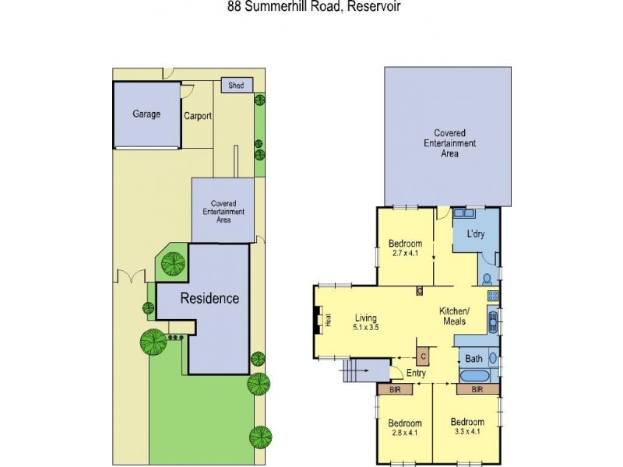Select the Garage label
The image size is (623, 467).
coord(146,114)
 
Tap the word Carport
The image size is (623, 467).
coord(198,117)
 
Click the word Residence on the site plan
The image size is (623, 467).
coord(209,298)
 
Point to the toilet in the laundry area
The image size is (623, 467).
coord(487,278)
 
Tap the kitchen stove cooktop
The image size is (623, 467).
coord(492,296)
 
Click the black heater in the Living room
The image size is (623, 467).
coord(318,319)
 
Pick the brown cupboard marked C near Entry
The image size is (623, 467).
coord(423,355)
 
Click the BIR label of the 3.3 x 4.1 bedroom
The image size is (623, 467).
coord(477,388)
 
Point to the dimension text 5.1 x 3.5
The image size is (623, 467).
coord(365,328)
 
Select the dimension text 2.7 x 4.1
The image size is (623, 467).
coord(405,252)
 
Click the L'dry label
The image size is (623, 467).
coord(476,234)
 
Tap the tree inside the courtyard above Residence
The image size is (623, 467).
coord(172,265)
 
